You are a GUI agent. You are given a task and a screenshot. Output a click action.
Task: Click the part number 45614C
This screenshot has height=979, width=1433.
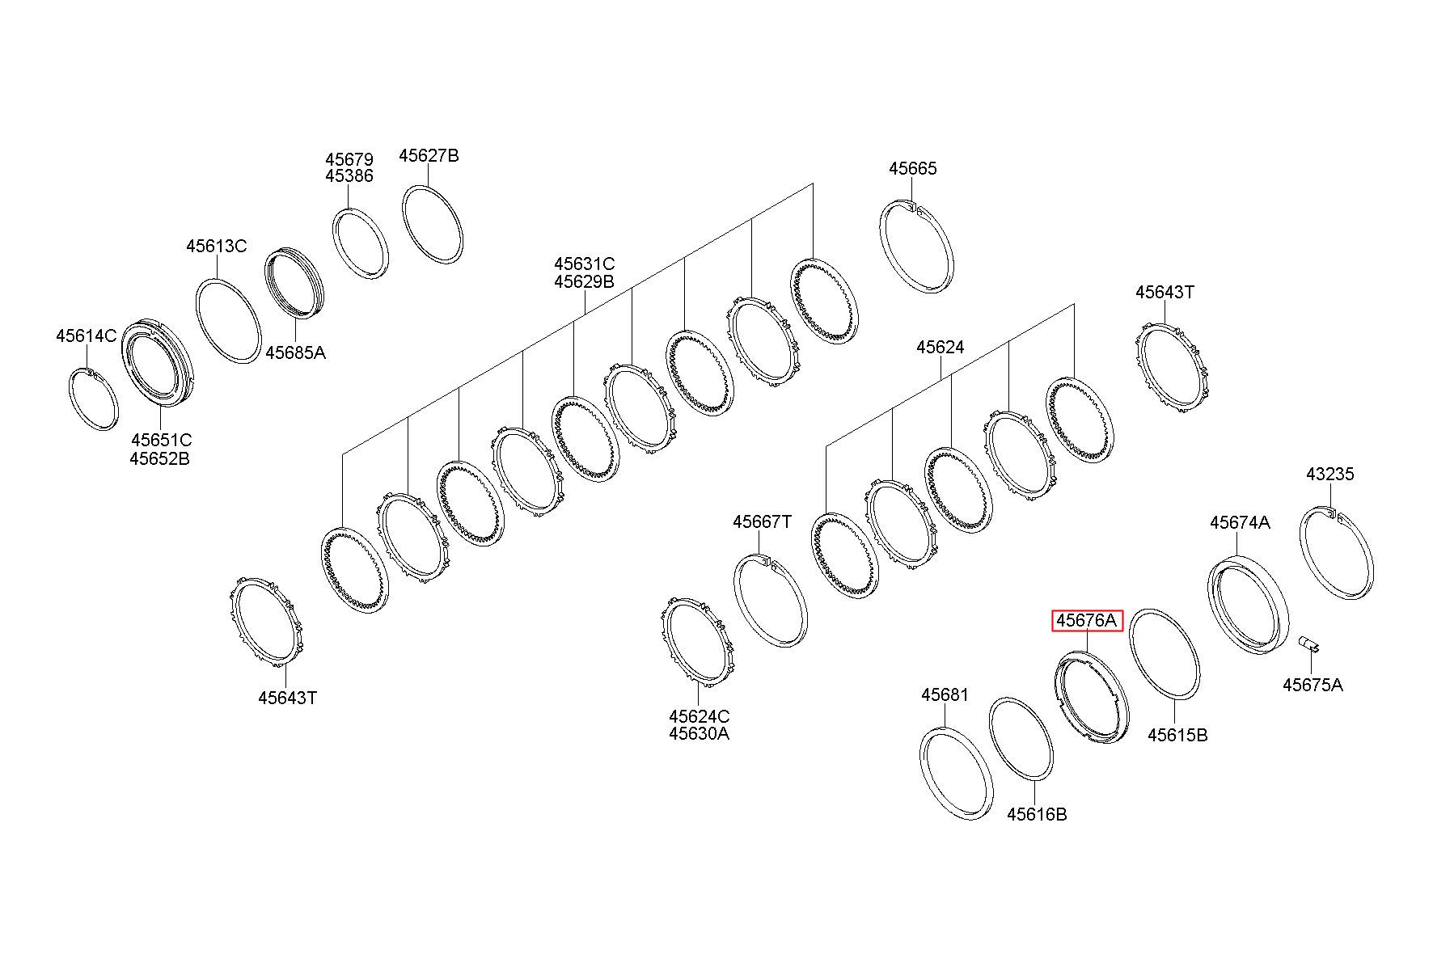(x=87, y=335)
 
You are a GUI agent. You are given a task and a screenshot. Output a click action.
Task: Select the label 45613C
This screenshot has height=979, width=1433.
(x=217, y=246)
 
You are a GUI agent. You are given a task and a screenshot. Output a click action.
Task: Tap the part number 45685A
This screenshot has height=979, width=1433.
(x=296, y=352)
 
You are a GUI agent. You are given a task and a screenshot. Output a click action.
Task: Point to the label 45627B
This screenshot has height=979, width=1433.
(x=429, y=155)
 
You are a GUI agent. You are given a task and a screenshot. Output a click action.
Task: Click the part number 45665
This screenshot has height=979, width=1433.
(x=913, y=168)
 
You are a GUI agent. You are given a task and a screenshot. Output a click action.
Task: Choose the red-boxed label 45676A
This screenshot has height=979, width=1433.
(x=1087, y=621)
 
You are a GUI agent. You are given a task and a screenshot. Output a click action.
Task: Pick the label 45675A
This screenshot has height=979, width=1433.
(x=1313, y=685)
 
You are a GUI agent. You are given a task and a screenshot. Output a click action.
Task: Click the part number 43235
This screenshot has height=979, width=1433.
(x=1329, y=474)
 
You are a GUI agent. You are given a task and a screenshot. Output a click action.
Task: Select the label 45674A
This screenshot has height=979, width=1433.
(x=1240, y=522)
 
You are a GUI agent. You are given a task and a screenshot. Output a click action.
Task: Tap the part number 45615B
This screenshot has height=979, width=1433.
(x=1178, y=735)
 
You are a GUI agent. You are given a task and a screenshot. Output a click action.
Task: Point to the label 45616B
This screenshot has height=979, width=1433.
(x=1037, y=814)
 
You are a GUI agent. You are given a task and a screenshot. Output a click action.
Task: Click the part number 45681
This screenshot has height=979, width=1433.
(x=945, y=695)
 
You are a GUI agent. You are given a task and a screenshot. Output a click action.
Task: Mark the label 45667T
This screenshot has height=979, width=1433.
(x=763, y=521)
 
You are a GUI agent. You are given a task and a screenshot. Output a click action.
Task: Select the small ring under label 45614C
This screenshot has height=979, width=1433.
(x=92, y=399)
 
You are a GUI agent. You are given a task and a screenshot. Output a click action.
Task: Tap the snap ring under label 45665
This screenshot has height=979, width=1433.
(x=916, y=247)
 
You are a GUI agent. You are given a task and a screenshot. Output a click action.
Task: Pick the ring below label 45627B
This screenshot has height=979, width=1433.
(x=433, y=224)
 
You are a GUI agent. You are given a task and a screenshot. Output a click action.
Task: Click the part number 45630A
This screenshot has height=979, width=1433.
(x=699, y=733)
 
